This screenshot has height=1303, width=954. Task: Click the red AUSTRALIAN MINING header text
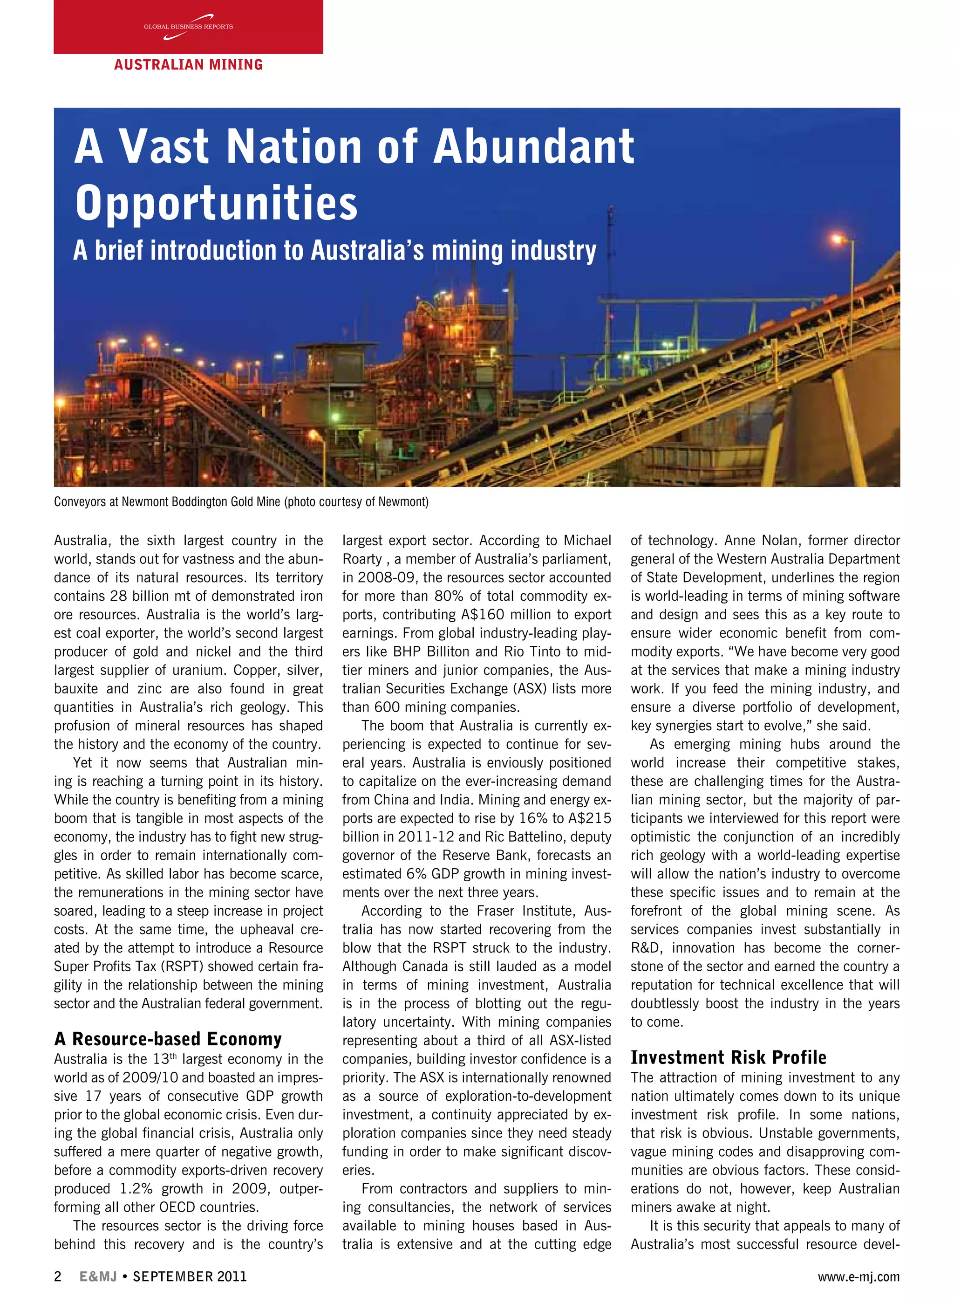coord(188,65)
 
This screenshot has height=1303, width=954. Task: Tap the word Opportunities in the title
coord(217,203)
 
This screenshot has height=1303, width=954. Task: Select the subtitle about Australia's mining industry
coord(334,251)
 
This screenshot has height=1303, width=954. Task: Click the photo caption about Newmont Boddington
coord(241,501)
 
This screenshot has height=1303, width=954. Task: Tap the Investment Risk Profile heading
coord(728,1057)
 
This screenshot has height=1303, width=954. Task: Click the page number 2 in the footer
coord(58,1276)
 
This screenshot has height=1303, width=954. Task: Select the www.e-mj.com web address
coord(858,1276)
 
